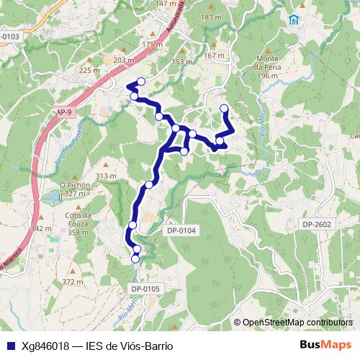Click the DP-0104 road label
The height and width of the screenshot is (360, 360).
click(x=181, y=230)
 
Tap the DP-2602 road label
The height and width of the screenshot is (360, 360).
click(x=317, y=225)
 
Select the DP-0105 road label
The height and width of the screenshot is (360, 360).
click(x=147, y=289)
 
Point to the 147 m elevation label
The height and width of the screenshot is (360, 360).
click(x=166, y=4)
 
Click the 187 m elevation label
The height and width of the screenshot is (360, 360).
click(x=211, y=17)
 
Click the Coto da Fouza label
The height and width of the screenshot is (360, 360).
click(x=81, y=223)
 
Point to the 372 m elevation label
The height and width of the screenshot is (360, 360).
click(x=73, y=282)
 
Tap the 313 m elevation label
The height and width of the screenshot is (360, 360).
click(x=106, y=176)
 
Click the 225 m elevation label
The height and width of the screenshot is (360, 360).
click(x=89, y=71)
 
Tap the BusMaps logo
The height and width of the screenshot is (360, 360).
click(x=325, y=345)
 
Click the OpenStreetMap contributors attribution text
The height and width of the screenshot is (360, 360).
click(x=297, y=323)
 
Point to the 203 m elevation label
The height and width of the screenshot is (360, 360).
click(x=124, y=61)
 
